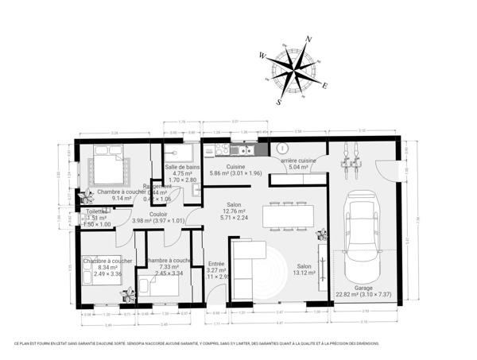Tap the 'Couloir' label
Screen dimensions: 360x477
coord(157,214)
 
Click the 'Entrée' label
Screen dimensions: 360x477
coord(216,264)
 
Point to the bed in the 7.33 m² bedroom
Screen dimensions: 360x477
coord(161,285)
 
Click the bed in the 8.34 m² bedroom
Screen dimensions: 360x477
coord(99,273)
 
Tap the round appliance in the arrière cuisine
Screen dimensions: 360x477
coord(281,148)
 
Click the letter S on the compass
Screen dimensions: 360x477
coord(278,102)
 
